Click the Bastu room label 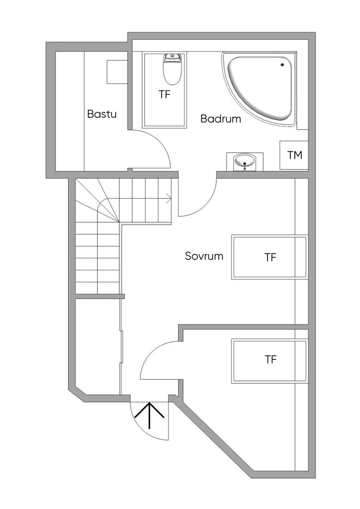coord(102,114)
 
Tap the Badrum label coord(221,119)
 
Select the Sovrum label coord(204,256)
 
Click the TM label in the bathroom coord(294,155)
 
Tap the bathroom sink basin coord(245,161)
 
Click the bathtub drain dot coord(282,64)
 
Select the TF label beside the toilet coord(165,94)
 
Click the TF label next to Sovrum coord(270,257)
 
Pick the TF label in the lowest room coord(270,359)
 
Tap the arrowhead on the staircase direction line coord(170,198)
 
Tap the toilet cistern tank coord(172,58)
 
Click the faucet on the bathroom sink coord(245,167)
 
